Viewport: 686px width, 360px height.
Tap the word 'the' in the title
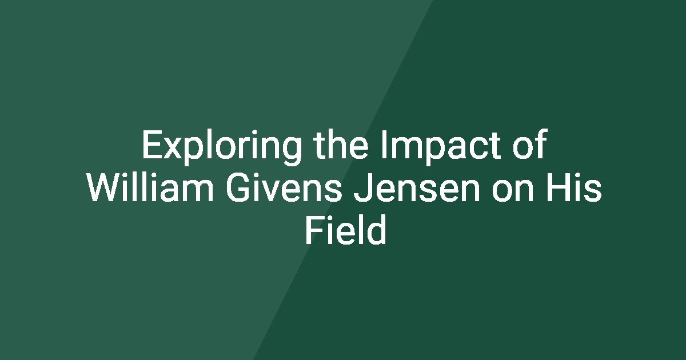341,144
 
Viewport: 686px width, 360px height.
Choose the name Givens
284,187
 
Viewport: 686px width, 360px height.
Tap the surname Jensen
416,187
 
